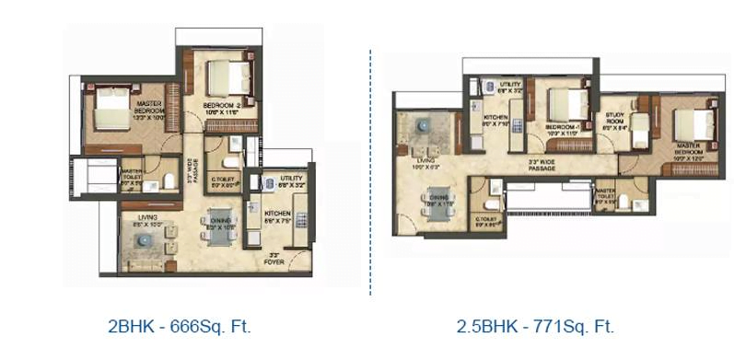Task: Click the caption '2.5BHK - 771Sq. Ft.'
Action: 535,326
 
